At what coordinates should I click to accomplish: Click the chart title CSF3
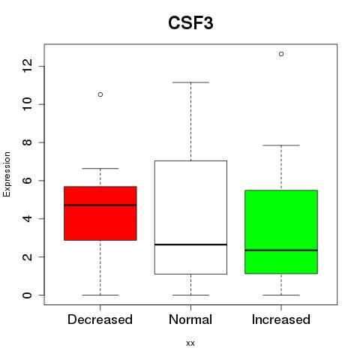pos(190,23)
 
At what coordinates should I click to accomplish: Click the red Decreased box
pos(100,213)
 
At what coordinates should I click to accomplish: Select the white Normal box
pos(190,217)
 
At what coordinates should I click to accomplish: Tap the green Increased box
pos(281,232)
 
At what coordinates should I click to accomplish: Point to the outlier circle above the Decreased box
pos(100,94)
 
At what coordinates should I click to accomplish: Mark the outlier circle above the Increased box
pos(281,54)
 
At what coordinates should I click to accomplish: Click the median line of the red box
pos(100,205)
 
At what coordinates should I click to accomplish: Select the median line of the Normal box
pos(190,244)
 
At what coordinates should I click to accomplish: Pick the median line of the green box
pos(281,250)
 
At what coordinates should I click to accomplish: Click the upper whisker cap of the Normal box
pos(190,82)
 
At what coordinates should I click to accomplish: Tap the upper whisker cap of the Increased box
pos(281,145)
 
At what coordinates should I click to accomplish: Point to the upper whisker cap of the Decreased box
pos(100,169)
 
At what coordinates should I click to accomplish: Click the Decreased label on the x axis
pos(100,319)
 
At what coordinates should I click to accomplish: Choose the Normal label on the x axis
pos(190,319)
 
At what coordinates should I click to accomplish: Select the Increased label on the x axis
pos(281,319)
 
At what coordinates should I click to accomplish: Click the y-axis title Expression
pos(7,174)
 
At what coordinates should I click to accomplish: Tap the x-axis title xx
pos(190,343)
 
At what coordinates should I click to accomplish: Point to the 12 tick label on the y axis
pos(27,66)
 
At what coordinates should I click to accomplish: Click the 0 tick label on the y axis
pos(27,295)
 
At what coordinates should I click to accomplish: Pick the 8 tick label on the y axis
pos(27,142)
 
